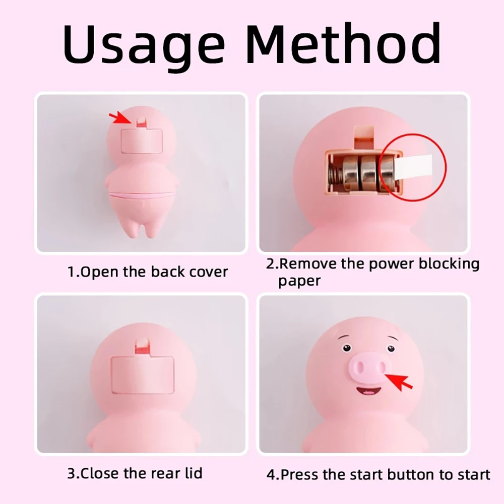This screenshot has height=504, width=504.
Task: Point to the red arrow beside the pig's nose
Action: [402, 382]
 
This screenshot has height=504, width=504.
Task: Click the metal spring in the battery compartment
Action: [333, 174]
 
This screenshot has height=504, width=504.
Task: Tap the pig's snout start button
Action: [367, 368]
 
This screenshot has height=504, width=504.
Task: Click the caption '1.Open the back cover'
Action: [148, 272]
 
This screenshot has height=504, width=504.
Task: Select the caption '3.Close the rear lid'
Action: [135, 473]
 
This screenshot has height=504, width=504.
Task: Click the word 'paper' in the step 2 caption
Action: [299, 281]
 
